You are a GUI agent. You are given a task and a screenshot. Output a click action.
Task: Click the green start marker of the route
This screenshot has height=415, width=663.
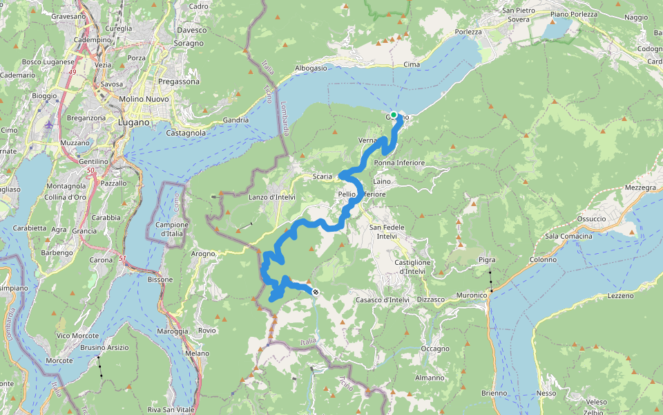pyautogui.click(x=394, y=115)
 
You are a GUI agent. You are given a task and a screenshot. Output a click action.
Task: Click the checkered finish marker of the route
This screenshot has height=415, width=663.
pyautogui.click(x=315, y=293)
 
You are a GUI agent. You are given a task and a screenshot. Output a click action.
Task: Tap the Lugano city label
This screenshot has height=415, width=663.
pyautogui.click(x=134, y=122)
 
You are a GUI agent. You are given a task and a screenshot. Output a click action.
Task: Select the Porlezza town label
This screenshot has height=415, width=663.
pyautogui.click(x=468, y=33)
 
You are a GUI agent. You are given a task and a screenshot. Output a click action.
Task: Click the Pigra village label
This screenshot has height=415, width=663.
pyautogui.click(x=487, y=259)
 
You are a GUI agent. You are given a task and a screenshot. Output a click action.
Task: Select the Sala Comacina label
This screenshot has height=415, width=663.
pyautogui.click(x=568, y=237)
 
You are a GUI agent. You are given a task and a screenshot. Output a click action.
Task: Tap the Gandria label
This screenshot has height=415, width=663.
pyautogui.click(x=236, y=120)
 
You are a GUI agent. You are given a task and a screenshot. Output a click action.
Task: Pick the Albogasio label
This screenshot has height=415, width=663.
pyautogui.click(x=310, y=68)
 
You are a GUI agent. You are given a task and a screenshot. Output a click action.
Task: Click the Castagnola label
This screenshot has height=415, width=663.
pyautogui.click(x=186, y=132)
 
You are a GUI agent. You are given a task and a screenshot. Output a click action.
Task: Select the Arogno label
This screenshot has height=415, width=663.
pyautogui.click(x=203, y=254)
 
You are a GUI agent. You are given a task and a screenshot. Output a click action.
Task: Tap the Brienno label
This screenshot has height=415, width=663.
pyautogui.click(x=494, y=393)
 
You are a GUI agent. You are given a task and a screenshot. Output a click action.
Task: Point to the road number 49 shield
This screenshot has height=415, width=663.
pyautogui.click(x=72, y=71)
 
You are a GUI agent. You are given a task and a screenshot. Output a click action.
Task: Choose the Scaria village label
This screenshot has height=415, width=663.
pyautogui.click(x=322, y=176)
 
